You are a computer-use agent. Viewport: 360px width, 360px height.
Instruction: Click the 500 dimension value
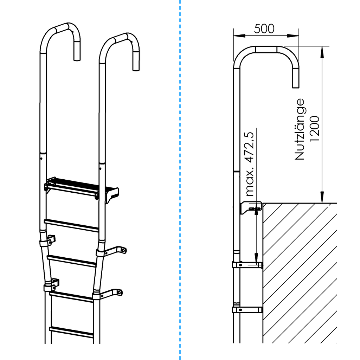[x=264, y=29]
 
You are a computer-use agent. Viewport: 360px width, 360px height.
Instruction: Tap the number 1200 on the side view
[x=315, y=129]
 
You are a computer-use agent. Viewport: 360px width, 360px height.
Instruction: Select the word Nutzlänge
[x=300, y=129]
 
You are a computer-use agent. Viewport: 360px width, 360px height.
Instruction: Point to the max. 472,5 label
[x=250, y=164]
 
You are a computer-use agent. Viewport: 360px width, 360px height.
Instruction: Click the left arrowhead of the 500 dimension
[x=239, y=36]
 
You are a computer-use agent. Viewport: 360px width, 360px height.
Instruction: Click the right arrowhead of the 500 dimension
[x=293, y=36]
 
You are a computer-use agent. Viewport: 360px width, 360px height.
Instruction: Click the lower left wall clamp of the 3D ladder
[x=51, y=285]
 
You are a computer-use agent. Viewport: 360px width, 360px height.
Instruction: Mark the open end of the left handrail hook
[x=77, y=60]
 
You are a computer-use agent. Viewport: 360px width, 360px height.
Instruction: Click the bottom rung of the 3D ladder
[x=71, y=332]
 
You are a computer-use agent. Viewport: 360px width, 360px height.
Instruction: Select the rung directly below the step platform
[x=71, y=225]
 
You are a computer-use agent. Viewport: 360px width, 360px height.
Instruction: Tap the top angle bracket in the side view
[x=251, y=207]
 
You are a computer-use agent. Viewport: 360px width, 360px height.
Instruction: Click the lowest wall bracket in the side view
[x=247, y=310]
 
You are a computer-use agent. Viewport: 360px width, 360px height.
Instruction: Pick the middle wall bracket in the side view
[x=247, y=265]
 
